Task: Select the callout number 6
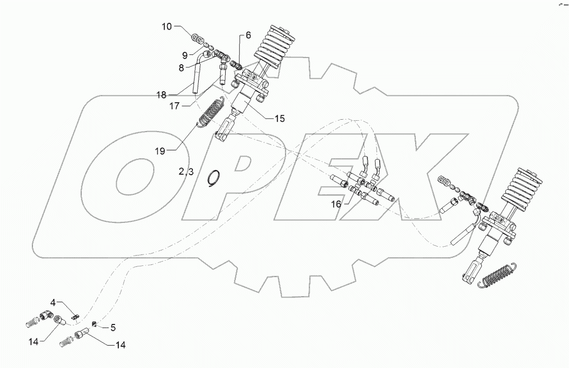pos(247,35)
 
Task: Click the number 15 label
pos(280,119)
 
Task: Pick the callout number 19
pos(159,151)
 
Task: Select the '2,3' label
pos(186,172)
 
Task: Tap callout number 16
pos(336,204)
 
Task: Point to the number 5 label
pos(113,327)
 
